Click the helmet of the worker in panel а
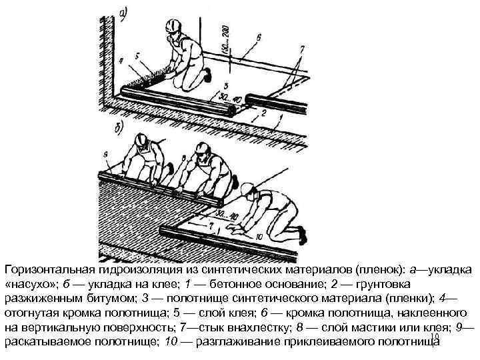point(173,26)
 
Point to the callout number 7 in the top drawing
point(302,48)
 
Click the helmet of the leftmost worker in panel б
point(141,139)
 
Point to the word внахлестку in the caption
point(262,327)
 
